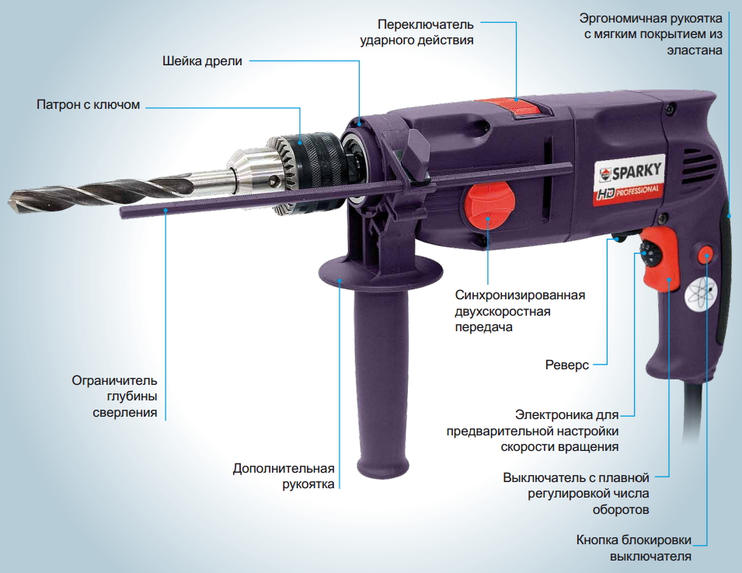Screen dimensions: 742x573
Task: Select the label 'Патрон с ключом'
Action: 88,104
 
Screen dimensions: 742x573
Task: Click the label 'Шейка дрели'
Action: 202,61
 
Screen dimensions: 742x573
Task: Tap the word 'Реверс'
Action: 567,365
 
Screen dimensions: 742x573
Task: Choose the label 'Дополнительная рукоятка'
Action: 284,477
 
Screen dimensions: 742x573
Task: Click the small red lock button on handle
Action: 705,255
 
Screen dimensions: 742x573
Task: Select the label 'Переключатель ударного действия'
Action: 416,32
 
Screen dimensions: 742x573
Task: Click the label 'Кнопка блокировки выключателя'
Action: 634,548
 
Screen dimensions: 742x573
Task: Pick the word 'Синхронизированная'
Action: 520,295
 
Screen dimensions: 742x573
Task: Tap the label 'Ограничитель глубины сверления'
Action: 114,397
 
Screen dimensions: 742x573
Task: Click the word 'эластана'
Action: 694,51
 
